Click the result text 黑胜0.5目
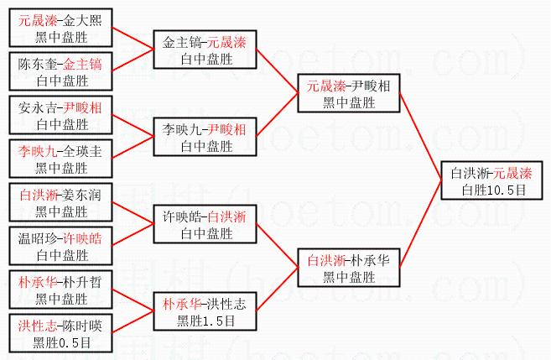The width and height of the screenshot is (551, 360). (61, 342)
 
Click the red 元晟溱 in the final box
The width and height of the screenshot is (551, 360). (511, 175)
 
